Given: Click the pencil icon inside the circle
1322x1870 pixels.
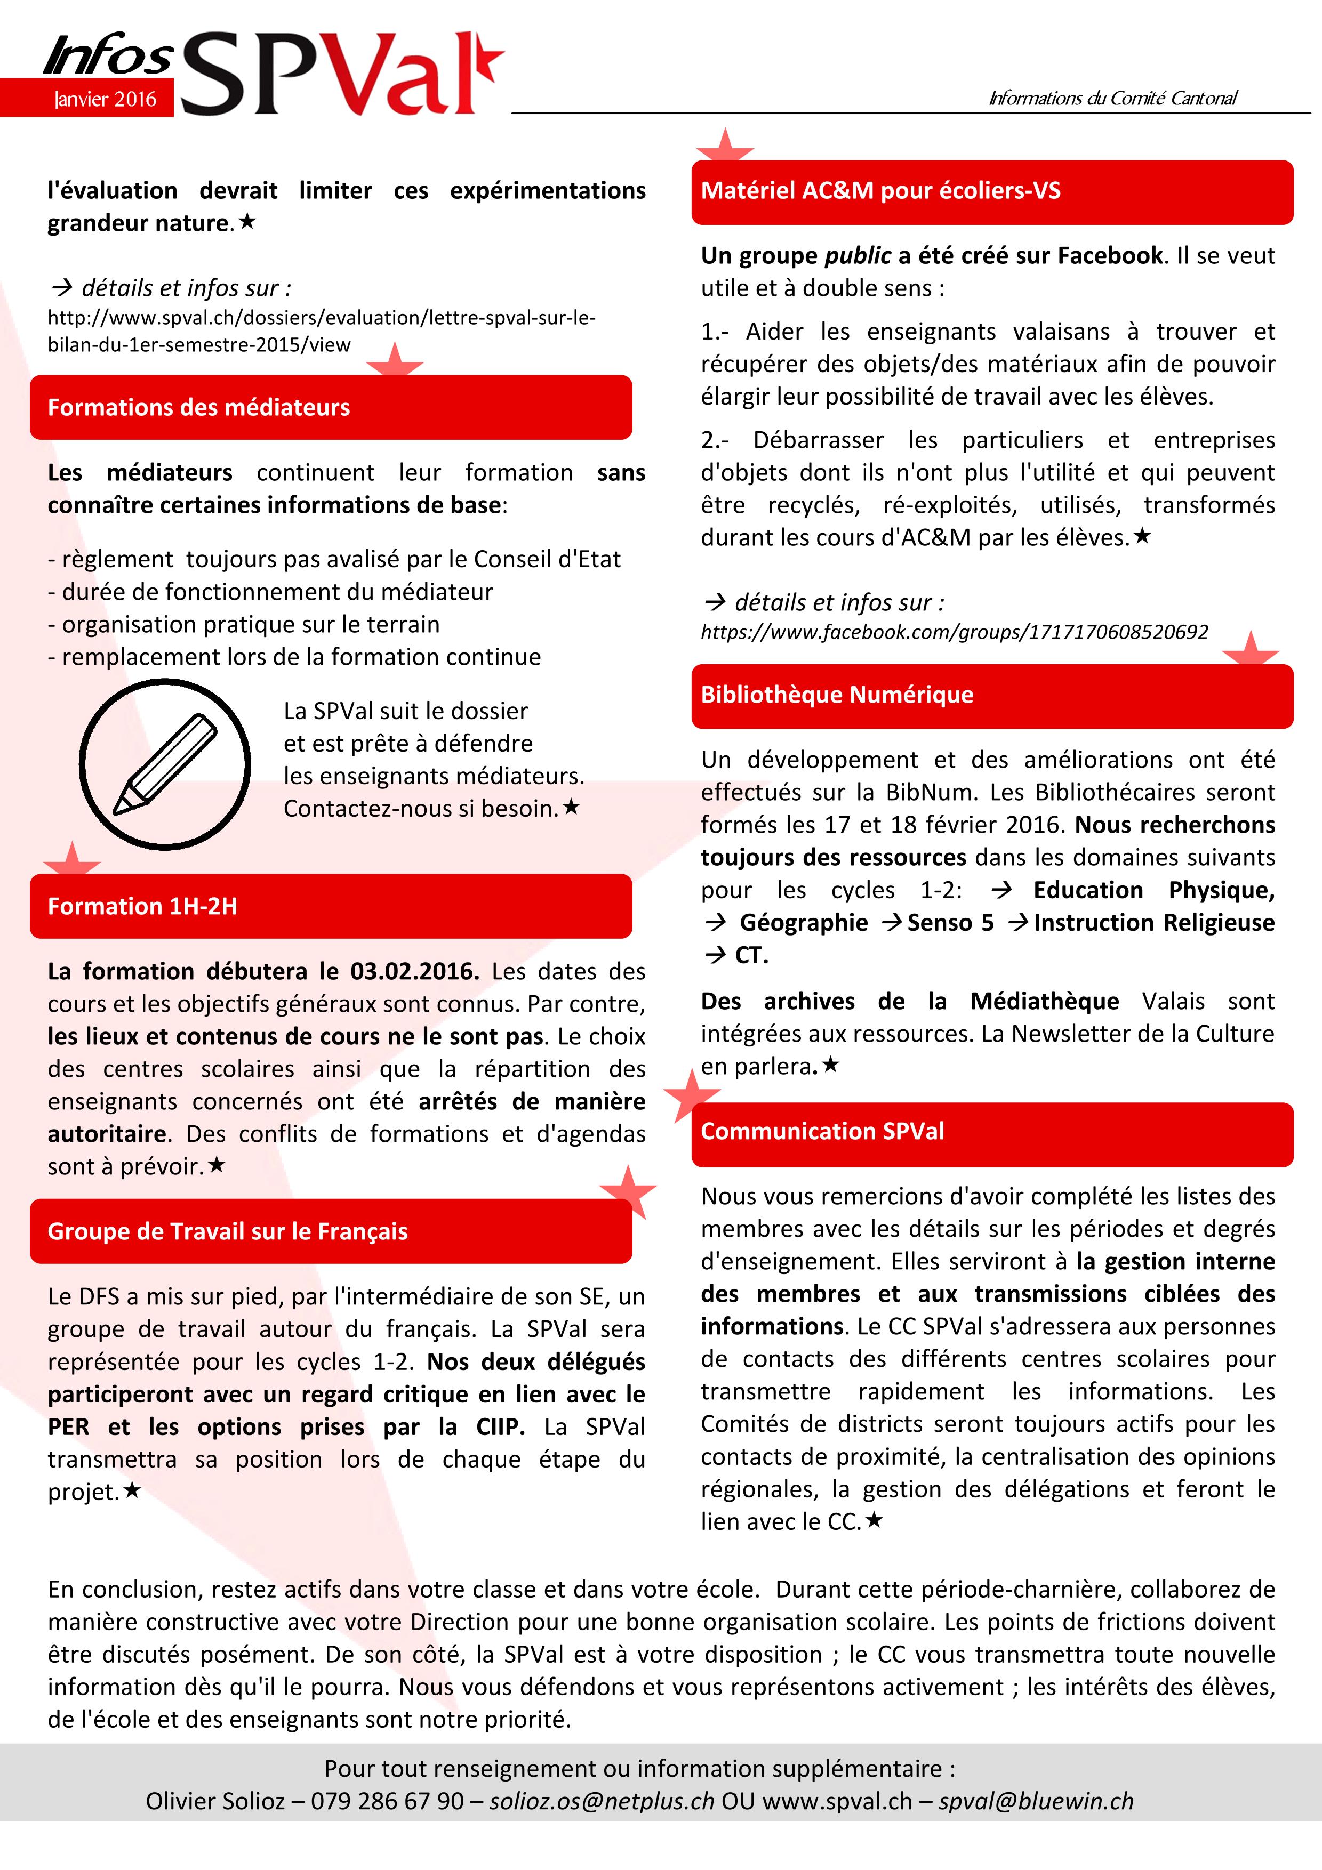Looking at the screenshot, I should point(165,764).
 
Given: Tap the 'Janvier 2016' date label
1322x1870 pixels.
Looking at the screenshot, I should point(105,99).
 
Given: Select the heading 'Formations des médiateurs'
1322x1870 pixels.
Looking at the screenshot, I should point(199,407).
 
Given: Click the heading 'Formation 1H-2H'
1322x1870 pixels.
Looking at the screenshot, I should point(142,907).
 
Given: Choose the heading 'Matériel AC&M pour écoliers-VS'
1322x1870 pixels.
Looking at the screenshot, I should point(880,191).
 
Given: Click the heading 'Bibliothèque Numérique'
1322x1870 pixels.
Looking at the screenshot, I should point(837,695).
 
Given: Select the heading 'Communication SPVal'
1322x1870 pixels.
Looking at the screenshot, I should point(822,1131).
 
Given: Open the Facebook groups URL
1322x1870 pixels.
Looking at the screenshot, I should point(954,632).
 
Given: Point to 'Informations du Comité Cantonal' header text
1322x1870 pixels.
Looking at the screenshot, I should point(1112,99).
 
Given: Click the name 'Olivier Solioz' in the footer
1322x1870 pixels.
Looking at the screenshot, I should point(215,1801).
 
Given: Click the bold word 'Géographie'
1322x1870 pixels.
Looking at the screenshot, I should point(803,923).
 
